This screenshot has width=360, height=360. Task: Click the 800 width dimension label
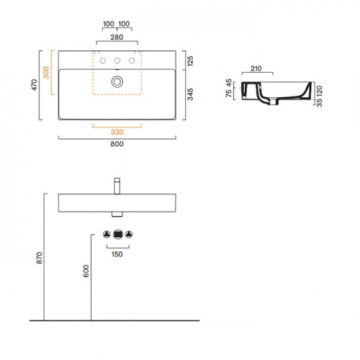(x=117, y=144)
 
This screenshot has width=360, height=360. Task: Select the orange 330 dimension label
(x=117, y=132)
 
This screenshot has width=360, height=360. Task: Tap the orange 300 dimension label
(x=46, y=73)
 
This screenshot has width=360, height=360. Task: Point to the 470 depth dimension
(x=35, y=85)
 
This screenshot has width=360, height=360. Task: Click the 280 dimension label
(x=117, y=37)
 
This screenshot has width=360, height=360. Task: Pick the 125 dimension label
(x=190, y=61)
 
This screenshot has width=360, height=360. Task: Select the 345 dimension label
(x=190, y=94)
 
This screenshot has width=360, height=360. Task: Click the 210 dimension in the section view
(x=256, y=68)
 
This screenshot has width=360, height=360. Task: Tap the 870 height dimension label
(x=40, y=258)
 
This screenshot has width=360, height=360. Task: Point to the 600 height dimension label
(x=86, y=271)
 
